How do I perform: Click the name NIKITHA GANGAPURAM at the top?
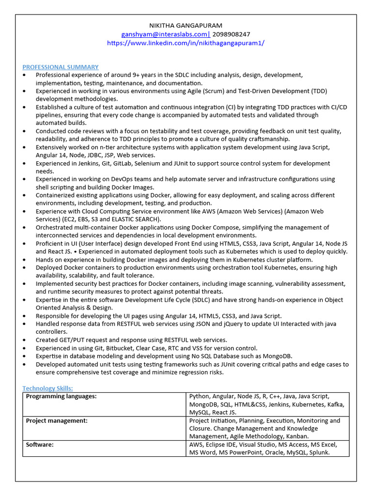pos(186,25)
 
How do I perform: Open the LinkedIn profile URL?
pos(186,43)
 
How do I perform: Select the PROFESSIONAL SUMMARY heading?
pos(61,67)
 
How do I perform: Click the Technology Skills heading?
pos(47,388)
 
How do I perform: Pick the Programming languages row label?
pos(61,396)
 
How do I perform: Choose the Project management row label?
pos(57,420)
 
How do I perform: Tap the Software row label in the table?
pos(40,445)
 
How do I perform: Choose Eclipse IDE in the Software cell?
pos(224,445)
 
